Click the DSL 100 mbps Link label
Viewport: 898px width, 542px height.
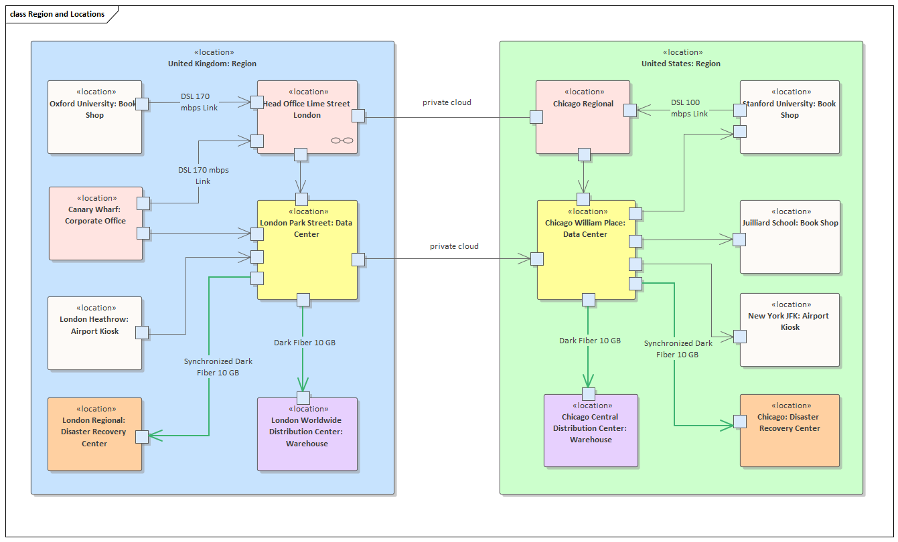[x=689, y=108]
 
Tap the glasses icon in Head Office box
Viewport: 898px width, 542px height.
[x=342, y=141]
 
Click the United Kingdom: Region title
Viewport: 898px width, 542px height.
[x=212, y=64]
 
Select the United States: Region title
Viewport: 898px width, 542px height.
[x=680, y=64]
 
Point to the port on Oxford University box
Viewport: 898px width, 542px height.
[x=141, y=104]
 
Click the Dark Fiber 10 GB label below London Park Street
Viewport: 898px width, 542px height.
[x=304, y=343]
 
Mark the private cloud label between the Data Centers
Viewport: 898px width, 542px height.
[x=454, y=246]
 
